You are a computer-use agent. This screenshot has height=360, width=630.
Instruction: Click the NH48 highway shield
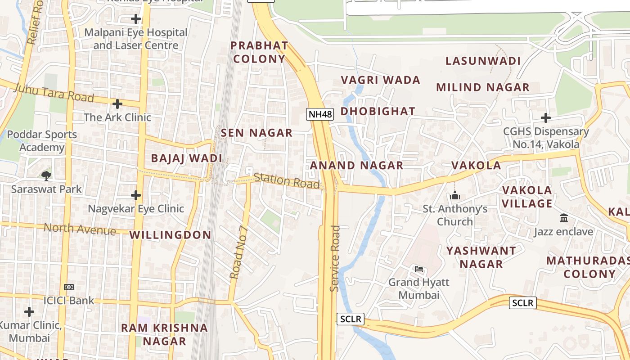[320, 114]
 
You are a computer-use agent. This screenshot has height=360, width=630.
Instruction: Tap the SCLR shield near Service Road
[350, 319]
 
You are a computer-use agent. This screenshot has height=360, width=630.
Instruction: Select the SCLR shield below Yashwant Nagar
[523, 303]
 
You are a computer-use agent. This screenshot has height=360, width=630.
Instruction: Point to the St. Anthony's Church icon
[455, 196]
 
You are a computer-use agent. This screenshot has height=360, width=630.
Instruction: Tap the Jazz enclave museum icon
[563, 218]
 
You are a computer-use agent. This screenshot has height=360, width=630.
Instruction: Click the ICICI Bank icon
[69, 287]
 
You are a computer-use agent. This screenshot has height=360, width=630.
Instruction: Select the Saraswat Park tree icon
[46, 175]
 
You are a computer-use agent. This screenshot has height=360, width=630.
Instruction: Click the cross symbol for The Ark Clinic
[117, 104]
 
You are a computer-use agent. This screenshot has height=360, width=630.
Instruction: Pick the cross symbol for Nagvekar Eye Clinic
[136, 195]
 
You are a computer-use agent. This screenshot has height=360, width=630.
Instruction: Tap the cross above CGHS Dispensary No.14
[545, 118]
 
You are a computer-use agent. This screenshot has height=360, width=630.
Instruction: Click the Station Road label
[287, 181]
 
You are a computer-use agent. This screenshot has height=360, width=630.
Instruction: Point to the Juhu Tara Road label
[54, 92]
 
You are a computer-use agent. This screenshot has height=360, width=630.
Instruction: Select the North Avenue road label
[80, 229]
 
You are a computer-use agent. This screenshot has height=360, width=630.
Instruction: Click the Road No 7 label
[238, 252]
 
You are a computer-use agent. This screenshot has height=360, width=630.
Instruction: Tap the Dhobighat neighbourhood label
[378, 112]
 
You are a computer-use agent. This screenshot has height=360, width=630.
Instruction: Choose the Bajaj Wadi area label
[187, 158]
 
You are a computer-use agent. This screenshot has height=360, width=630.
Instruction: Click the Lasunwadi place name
[483, 61]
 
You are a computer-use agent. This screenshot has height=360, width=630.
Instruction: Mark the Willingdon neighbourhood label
[170, 235]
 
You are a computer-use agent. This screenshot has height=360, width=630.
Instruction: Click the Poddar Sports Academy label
[42, 141]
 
